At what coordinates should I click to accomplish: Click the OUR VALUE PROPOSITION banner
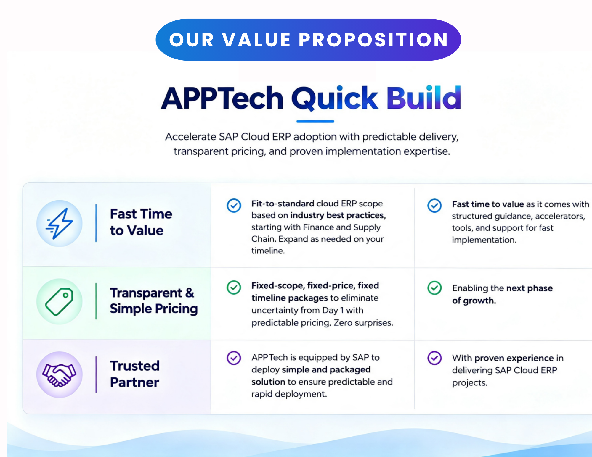click(308, 40)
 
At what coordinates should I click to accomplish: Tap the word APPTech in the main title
click(222, 98)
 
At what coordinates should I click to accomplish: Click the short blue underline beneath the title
click(315, 121)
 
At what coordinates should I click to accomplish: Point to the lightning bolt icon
click(59, 223)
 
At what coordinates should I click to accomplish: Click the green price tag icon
click(59, 301)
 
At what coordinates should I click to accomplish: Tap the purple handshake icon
click(59, 374)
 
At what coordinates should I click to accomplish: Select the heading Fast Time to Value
click(141, 222)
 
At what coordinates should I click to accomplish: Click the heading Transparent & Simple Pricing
click(154, 301)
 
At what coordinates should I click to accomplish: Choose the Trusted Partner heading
click(135, 374)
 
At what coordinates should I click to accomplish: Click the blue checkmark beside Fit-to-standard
click(234, 205)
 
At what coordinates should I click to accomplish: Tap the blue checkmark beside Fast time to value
click(434, 206)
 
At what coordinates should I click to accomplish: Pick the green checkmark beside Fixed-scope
click(234, 288)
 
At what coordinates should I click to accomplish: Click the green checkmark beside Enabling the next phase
click(434, 288)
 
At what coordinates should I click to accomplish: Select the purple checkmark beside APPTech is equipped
click(234, 358)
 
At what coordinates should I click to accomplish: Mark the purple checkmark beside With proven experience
click(434, 358)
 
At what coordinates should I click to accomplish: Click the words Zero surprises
click(363, 323)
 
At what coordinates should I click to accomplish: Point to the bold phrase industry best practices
click(338, 215)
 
